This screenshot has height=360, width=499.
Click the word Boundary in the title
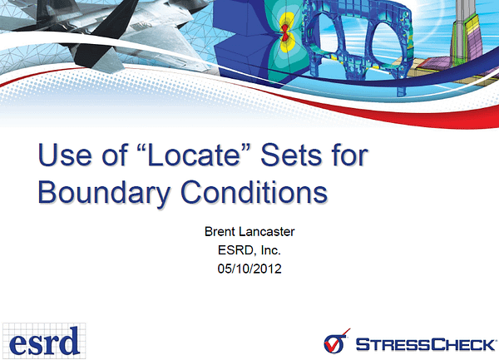pos(104,193)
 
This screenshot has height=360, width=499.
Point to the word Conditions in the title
pos(254,192)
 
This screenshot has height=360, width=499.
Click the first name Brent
pos(220,231)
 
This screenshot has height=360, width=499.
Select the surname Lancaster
pos(266,231)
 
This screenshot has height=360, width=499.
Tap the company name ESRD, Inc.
pos(249,250)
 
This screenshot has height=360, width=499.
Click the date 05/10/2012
pos(249,269)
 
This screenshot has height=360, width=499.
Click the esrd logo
pos(44,341)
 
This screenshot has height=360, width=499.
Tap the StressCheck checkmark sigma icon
pos(336,341)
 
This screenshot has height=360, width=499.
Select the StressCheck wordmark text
pos(426,345)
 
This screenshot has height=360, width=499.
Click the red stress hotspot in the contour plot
pos(284,32)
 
